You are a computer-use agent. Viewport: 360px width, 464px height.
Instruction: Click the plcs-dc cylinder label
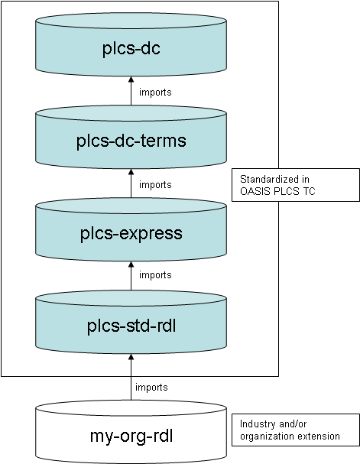pos(131,50)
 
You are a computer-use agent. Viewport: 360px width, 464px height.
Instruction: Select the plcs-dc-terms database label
pos(131,141)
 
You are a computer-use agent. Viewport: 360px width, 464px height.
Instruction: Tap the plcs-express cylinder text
pos(131,233)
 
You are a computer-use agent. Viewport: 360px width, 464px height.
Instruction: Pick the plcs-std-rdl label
pos(131,328)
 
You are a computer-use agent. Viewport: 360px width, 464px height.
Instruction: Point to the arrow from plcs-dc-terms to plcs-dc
pos(131,92)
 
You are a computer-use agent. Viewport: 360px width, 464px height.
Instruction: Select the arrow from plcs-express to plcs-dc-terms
pos(131,184)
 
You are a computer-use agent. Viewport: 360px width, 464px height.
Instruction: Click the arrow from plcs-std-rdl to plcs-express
pos(131,276)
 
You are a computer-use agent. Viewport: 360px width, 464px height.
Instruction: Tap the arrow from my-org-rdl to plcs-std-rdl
pos(131,378)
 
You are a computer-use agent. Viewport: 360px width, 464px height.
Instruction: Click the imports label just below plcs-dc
pos(155,92)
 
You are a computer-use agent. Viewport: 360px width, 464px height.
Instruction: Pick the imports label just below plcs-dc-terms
pos(155,184)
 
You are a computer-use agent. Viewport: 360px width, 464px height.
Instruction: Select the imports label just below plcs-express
pos(155,274)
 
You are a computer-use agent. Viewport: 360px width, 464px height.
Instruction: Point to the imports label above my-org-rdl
pos(151,387)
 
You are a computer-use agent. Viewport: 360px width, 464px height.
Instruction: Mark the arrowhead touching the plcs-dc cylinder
pos(131,80)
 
